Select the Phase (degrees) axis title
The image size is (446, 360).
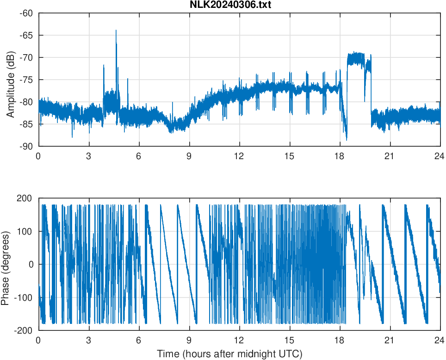click(6, 264)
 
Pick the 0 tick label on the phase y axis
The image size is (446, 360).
click(31, 264)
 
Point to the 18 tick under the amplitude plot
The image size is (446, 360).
click(340, 156)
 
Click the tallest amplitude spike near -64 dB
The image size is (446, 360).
click(116, 31)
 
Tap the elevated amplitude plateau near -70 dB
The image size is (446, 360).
click(356, 59)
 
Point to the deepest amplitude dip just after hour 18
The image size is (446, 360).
click(346, 139)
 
